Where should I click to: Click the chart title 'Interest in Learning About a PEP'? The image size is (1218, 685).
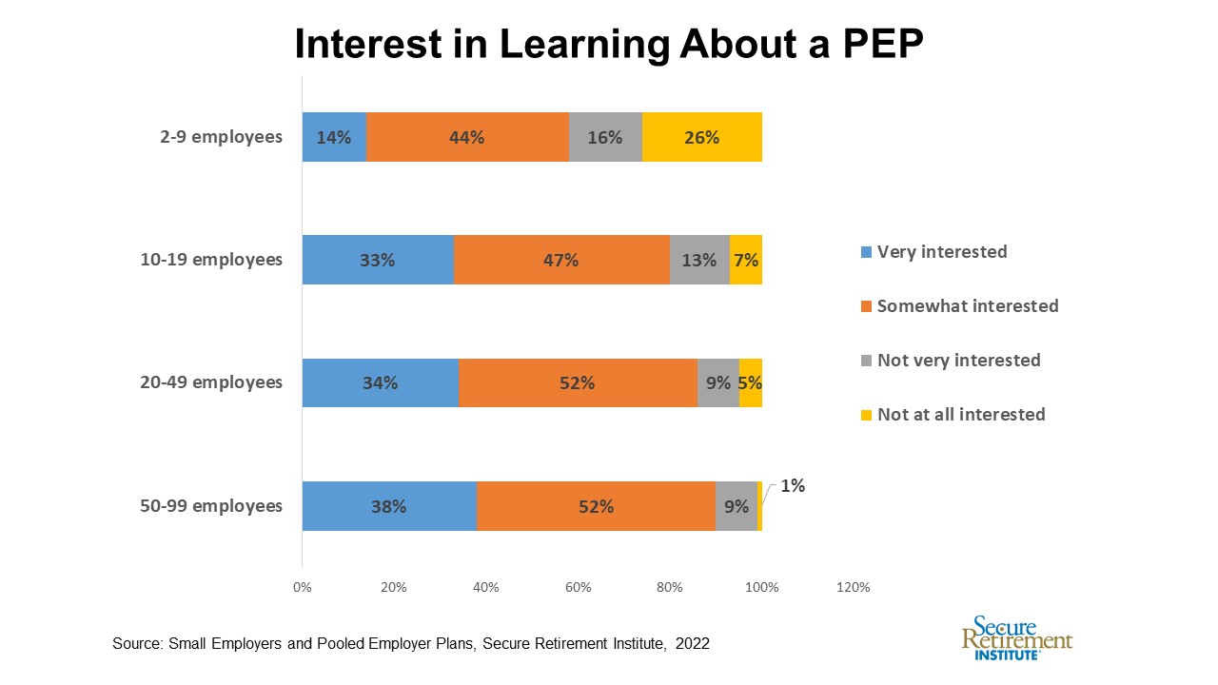(609, 43)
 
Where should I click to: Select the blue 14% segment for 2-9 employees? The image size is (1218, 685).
(334, 137)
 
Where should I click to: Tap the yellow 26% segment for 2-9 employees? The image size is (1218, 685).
(701, 137)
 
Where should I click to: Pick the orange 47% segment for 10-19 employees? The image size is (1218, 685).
(561, 260)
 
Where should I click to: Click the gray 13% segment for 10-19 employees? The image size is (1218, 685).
(699, 260)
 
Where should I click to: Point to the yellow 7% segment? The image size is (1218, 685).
(746, 260)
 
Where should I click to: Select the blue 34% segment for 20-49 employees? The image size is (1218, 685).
(380, 382)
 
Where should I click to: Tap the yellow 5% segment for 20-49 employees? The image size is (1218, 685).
(750, 382)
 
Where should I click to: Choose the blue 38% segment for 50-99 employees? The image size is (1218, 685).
(389, 506)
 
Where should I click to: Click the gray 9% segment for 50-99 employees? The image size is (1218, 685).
(736, 506)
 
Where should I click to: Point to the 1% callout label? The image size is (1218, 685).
(793, 486)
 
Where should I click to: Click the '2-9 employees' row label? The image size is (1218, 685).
(221, 137)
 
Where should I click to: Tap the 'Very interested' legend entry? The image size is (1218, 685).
(941, 252)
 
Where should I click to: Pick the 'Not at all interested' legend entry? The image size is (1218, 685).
(960, 415)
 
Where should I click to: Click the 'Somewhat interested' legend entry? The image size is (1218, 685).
(967, 306)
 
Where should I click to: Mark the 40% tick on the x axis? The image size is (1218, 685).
(485, 588)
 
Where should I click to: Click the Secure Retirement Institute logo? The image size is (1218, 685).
(1016, 637)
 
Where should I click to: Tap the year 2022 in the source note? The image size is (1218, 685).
(693, 644)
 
